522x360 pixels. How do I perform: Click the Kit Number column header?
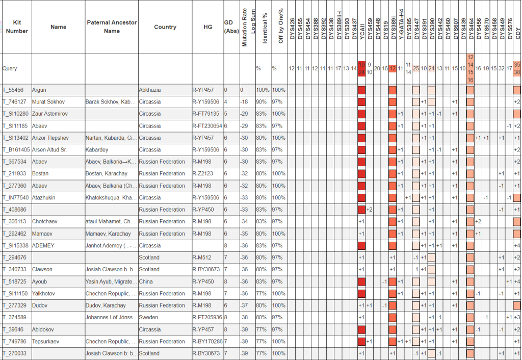click(x=17, y=27)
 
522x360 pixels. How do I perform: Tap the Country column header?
click(x=165, y=27)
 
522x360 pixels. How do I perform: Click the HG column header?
click(x=207, y=27)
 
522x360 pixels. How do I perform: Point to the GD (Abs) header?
click(x=231, y=27)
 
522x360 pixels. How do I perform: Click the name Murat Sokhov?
click(x=48, y=102)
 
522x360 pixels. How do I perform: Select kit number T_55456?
click(x=14, y=90)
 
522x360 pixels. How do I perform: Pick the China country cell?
click(x=146, y=281)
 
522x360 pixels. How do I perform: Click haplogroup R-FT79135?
click(x=205, y=114)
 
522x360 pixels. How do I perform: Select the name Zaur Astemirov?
click(x=50, y=114)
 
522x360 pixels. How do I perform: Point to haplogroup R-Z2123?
click(x=203, y=174)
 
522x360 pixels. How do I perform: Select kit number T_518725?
click(x=15, y=281)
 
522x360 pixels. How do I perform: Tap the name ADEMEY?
click(x=43, y=246)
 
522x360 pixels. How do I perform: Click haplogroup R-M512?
click(x=202, y=258)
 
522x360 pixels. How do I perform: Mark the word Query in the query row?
click(x=10, y=68)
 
